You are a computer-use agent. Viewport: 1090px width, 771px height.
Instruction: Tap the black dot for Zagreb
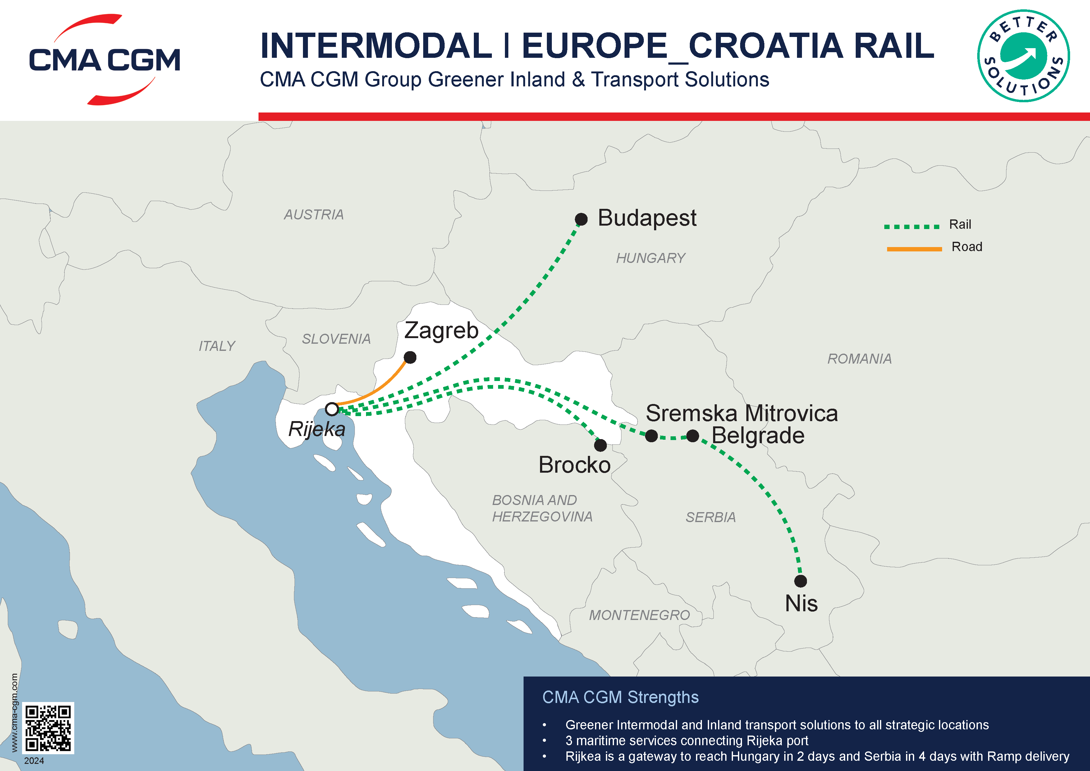[x=410, y=357]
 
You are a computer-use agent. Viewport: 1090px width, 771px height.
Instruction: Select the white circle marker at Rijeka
[x=332, y=409]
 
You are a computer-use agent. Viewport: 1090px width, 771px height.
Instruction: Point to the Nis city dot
[x=800, y=581]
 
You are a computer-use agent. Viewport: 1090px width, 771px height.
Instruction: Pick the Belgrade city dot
[x=693, y=435]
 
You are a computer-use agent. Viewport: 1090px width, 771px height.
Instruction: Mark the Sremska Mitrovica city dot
[x=651, y=435]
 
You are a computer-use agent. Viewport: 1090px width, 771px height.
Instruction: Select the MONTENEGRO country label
[x=639, y=615]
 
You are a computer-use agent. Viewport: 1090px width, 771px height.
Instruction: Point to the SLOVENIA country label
[x=336, y=339]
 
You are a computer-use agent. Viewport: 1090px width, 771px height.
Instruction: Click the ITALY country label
[x=217, y=346]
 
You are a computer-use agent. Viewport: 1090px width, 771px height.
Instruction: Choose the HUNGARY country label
[x=650, y=258]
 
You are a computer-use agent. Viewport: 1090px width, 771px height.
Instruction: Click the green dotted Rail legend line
[x=912, y=227]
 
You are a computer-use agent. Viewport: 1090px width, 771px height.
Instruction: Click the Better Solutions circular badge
[x=1023, y=56]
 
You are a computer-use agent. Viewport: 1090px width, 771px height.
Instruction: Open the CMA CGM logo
[x=104, y=59]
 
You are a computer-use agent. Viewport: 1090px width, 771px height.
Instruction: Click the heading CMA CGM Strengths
[x=620, y=697]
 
